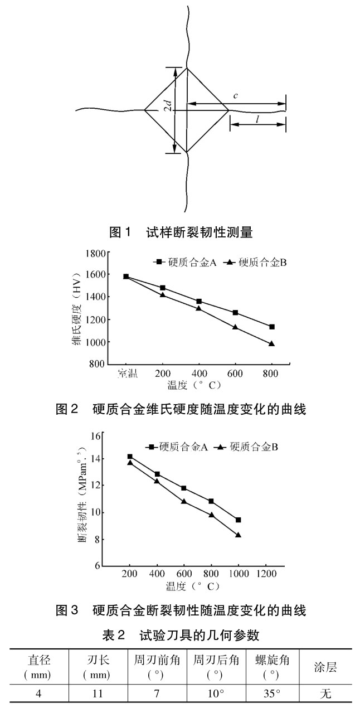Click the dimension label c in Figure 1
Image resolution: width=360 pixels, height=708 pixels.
(236, 96)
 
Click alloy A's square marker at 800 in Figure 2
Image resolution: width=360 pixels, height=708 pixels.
(272, 327)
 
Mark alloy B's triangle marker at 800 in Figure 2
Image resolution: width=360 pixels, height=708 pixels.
(272, 343)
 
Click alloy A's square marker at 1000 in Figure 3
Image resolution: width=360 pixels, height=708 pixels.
(239, 520)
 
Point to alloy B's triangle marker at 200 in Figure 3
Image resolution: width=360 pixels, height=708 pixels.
(130, 463)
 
